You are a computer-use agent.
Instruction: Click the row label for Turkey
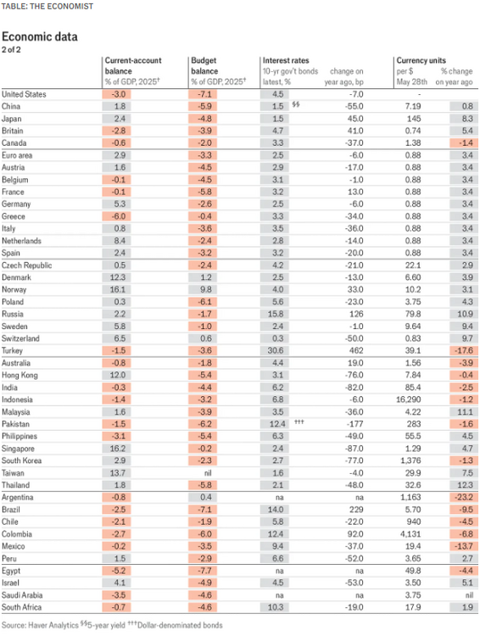pyautogui.click(x=12, y=351)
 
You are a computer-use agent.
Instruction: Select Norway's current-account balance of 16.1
pyautogui.click(x=117, y=290)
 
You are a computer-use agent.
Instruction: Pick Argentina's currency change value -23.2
pyautogui.click(x=464, y=497)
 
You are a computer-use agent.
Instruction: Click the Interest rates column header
pyautogui.click(x=286, y=60)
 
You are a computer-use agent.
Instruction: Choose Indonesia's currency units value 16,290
pyautogui.click(x=408, y=399)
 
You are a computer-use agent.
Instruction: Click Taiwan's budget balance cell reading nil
pyautogui.click(x=207, y=473)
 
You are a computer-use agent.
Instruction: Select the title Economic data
pyautogui.click(x=39, y=37)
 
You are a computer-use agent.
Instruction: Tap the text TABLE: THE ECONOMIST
pyautogui.click(x=47, y=7)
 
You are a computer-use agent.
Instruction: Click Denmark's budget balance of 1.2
pyautogui.click(x=206, y=277)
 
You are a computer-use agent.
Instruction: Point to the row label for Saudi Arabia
pyautogui.click(x=22, y=595)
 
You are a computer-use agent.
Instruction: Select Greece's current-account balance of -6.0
pyautogui.click(x=116, y=216)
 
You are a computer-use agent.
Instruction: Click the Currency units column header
pyautogui.click(x=421, y=60)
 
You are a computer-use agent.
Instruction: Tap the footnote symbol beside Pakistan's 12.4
pyautogui.click(x=299, y=421)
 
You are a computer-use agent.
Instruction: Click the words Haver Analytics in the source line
pyautogui.click(x=53, y=625)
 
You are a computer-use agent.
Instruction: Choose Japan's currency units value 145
pyautogui.click(x=414, y=119)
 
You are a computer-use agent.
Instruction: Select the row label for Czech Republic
pyautogui.click(x=27, y=265)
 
